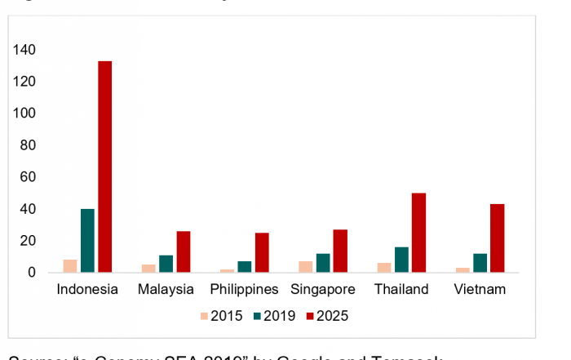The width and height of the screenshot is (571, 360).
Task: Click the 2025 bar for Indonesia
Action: tap(105, 167)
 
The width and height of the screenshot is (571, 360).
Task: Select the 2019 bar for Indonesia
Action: tap(87, 240)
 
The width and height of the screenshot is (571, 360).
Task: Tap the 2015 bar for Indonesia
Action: tap(70, 265)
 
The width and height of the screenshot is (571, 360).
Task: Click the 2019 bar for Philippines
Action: tap(244, 266)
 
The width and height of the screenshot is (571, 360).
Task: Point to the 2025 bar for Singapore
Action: tap(340, 251)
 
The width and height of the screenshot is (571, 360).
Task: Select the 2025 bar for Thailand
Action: tap(418, 233)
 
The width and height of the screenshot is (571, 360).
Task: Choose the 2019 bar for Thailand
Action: tap(401, 259)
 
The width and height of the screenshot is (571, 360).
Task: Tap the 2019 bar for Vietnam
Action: tap(480, 262)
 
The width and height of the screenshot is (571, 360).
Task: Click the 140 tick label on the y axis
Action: tap(24, 51)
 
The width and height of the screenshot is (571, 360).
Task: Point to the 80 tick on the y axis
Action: tap(28, 145)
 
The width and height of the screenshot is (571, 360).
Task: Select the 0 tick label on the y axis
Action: tap(32, 273)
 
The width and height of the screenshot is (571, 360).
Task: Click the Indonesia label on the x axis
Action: tap(87, 290)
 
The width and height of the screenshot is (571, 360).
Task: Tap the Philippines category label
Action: tap(244, 290)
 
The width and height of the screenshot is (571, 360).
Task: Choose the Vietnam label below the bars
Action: tap(480, 290)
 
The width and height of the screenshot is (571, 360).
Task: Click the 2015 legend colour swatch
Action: tap(203, 315)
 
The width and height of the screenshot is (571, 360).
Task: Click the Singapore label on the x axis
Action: tap(323, 290)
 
